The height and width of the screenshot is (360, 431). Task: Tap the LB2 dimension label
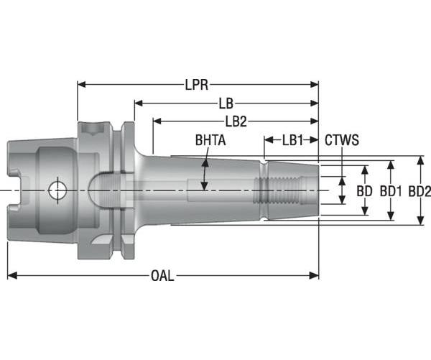[236, 121]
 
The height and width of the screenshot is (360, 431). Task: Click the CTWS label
[342, 139]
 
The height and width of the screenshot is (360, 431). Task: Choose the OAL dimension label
[162, 277]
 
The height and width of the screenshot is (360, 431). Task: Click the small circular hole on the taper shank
[55, 190]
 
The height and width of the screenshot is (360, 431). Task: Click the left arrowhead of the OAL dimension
[10, 276]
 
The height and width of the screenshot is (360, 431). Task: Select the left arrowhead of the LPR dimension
[80, 85]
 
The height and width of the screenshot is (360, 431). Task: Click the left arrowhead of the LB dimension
[136, 103]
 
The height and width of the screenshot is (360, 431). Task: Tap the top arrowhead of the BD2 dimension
[420, 159]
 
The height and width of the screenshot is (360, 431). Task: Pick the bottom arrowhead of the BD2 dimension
[420, 222]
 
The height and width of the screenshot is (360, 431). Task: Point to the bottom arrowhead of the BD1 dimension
[391, 217]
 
